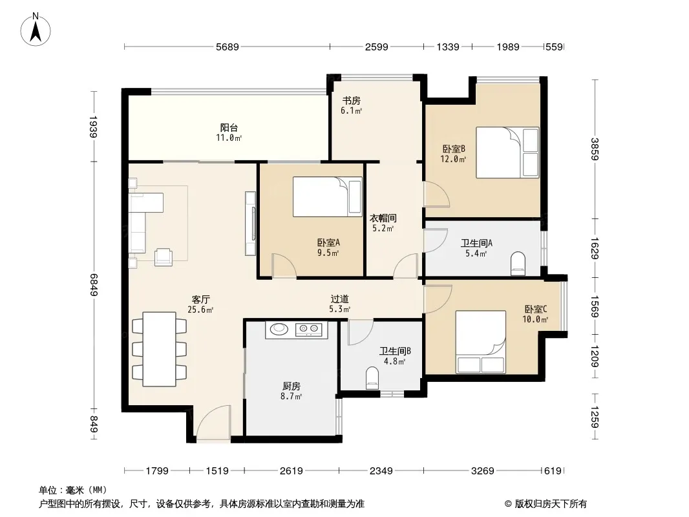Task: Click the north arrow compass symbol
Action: (x=36, y=29)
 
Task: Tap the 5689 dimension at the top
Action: (x=227, y=47)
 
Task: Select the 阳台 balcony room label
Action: (x=229, y=128)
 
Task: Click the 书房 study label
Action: (x=352, y=101)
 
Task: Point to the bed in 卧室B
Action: (x=507, y=153)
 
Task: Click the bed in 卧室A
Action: (x=327, y=196)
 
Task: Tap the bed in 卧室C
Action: (x=480, y=342)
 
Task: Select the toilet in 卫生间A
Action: (x=518, y=264)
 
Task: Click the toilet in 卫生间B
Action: (x=372, y=379)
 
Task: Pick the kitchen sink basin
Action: (x=279, y=328)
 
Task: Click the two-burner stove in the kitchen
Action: (x=308, y=329)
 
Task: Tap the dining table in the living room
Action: (x=160, y=349)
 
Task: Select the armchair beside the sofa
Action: (x=164, y=257)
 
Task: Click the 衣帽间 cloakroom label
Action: (x=383, y=218)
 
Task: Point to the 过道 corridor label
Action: (x=340, y=299)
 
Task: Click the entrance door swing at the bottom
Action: (x=213, y=422)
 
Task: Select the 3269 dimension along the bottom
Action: (x=482, y=471)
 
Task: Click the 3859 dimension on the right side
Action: (x=595, y=149)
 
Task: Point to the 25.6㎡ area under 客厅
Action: (x=200, y=310)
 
